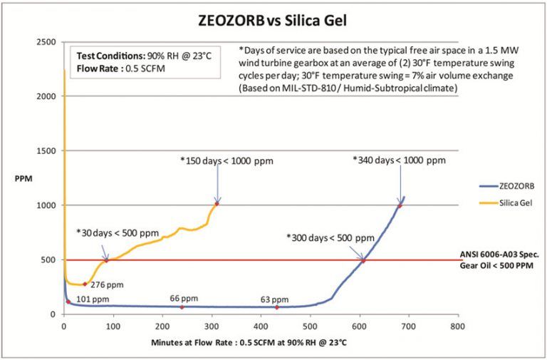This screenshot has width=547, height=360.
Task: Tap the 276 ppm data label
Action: click(x=104, y=284)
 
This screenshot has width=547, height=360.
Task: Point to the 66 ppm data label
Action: click(x=184, y=299)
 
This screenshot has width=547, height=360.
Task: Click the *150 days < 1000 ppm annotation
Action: click(x=226, y=160)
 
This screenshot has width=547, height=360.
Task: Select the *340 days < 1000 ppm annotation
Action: click(x=399, y=160)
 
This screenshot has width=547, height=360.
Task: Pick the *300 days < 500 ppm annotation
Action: click(x=330, y=237)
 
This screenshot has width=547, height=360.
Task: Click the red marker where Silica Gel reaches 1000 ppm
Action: click(x=217, y=204)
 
